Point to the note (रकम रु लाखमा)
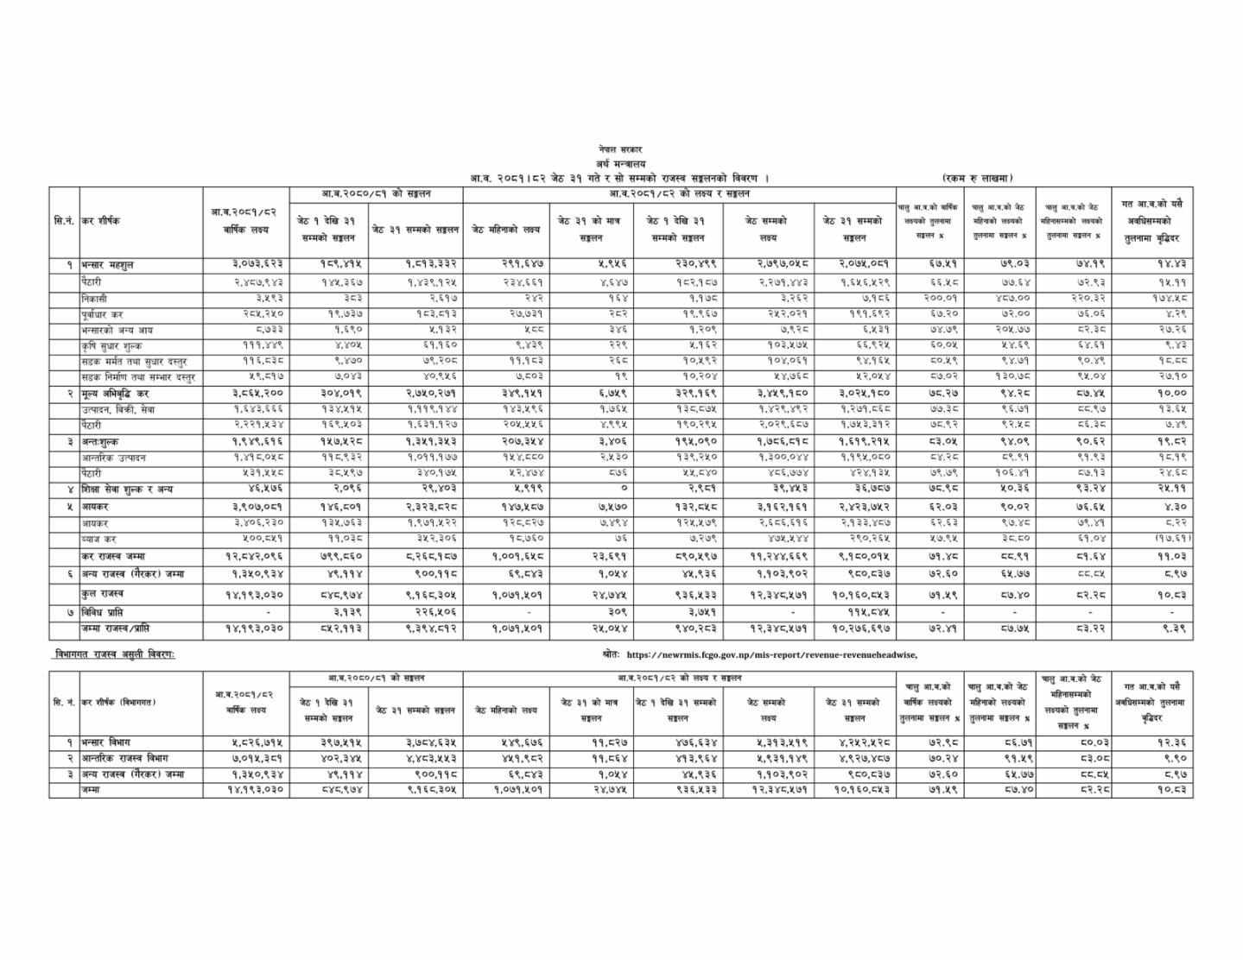click(x=978, y=178)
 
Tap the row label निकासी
click(x=95, y=298)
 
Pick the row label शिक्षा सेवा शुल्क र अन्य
click(x=127, y=489)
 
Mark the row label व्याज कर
click(x=98, y=539)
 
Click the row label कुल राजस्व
click(x=102, y=594)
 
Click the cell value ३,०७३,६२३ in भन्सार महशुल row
click(x=245, y=264)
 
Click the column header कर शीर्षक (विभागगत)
click(x=121, y=703)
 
